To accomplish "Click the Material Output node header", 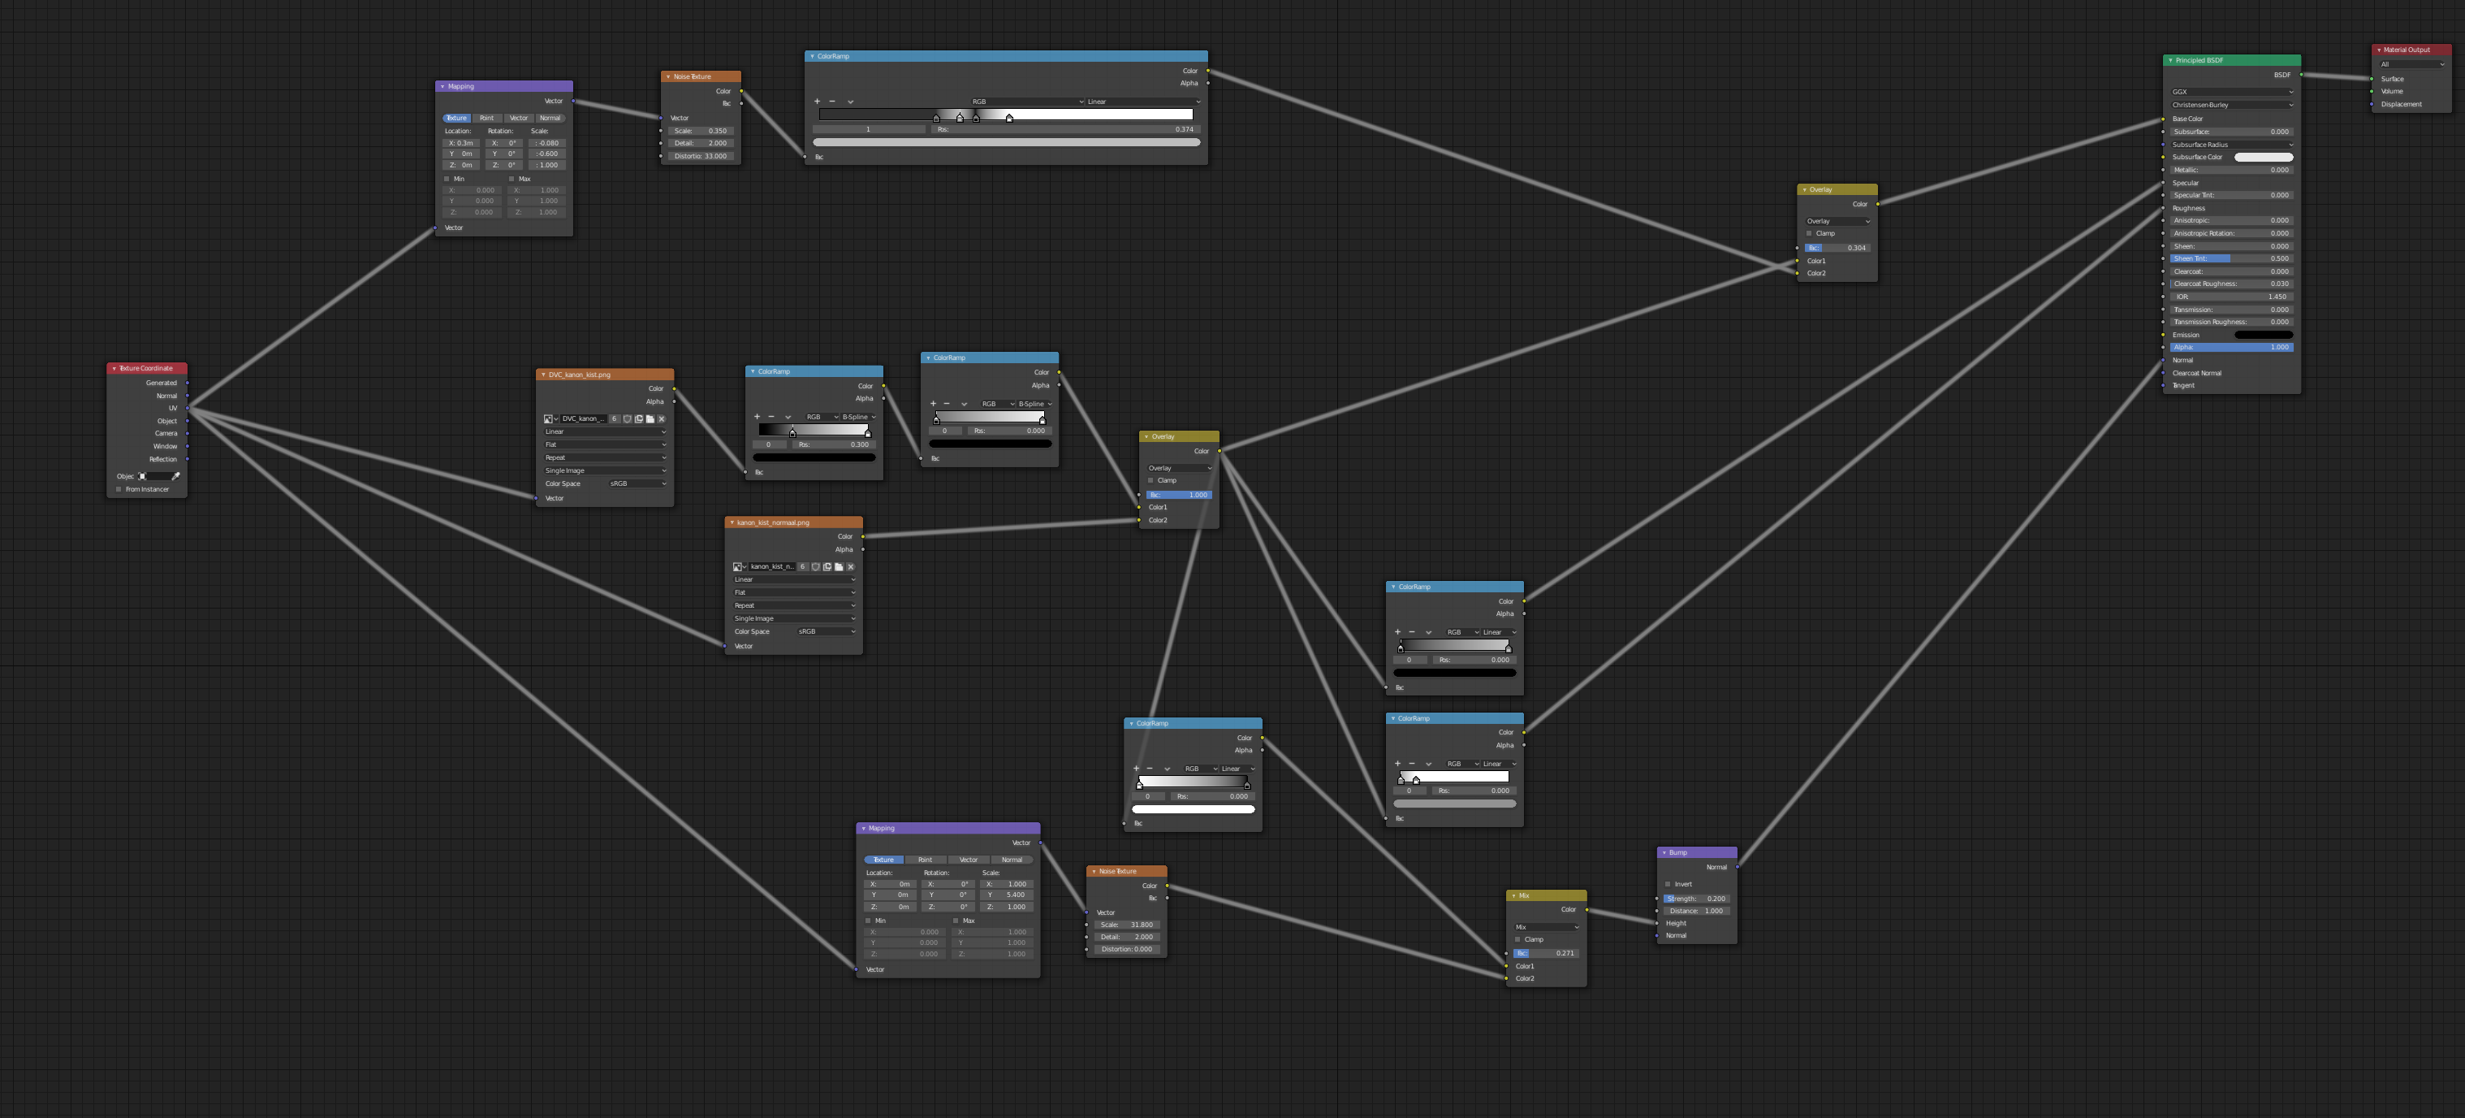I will coord(2410,50).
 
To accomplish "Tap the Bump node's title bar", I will coord(1695,851).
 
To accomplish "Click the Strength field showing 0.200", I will coord(1695,899).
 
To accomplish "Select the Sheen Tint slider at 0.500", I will coord(2230,258).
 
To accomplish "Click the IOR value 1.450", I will coord(2230,297).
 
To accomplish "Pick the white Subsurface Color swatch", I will coord(2262,157).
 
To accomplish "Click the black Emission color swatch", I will coord(2262,335).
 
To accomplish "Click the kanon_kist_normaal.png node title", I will coord(793,522).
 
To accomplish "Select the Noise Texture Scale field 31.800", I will coord(1127,925).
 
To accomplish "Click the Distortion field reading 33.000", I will coord(701,156).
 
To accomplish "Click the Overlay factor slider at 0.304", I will coord(1837,248).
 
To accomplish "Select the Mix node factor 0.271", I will coord(1545,953).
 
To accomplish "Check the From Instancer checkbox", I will coord(119,489).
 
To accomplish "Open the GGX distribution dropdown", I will coord(2230,92).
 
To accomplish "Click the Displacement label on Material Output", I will coord(2401,104).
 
